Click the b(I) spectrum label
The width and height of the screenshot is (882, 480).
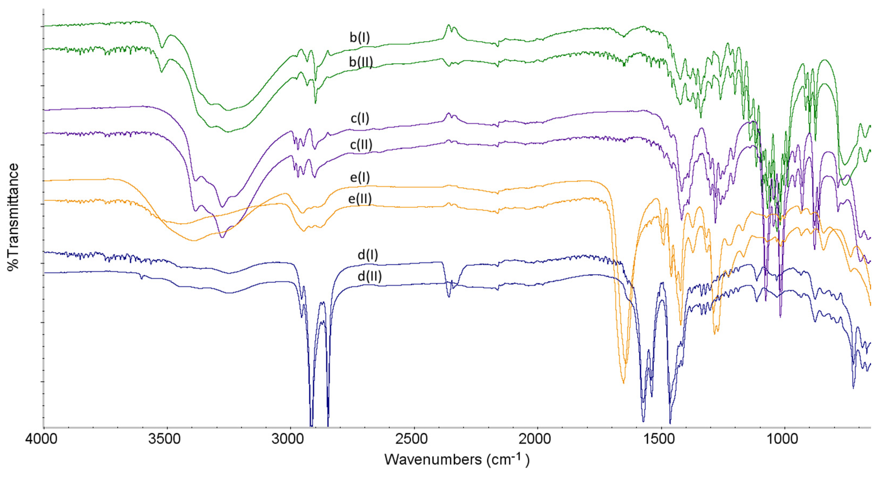[x=360, y=37]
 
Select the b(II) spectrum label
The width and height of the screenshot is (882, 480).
[x=361, y=62]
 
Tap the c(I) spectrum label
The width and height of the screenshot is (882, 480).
[x=360, y=118]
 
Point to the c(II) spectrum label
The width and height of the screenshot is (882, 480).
[x=361, y=145]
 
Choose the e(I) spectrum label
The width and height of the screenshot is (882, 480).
[x=360, y=178]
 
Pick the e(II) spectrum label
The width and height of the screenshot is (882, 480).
[x=360, y=199]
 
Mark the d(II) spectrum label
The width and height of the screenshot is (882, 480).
[x=369, y=276]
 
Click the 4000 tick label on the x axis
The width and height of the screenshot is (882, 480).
[x=42, y=439]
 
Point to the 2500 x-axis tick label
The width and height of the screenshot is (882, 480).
[x=414, y=439]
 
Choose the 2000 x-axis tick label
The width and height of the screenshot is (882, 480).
[x=537, y=439]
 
